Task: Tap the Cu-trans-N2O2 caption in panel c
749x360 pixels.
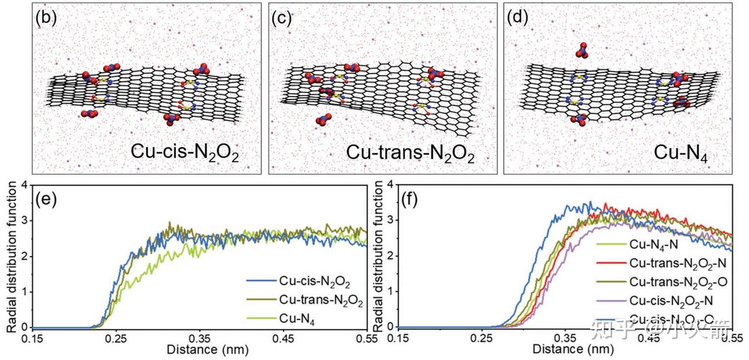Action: pyautogui.click(x=410, y=153)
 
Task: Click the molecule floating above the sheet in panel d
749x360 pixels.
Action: pyautogui.click(x=582, y=50)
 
